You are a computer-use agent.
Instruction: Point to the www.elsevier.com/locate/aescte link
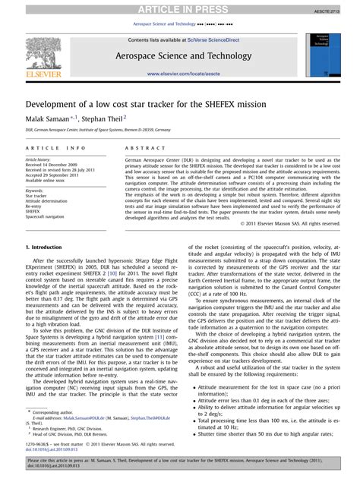coord(179,73)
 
